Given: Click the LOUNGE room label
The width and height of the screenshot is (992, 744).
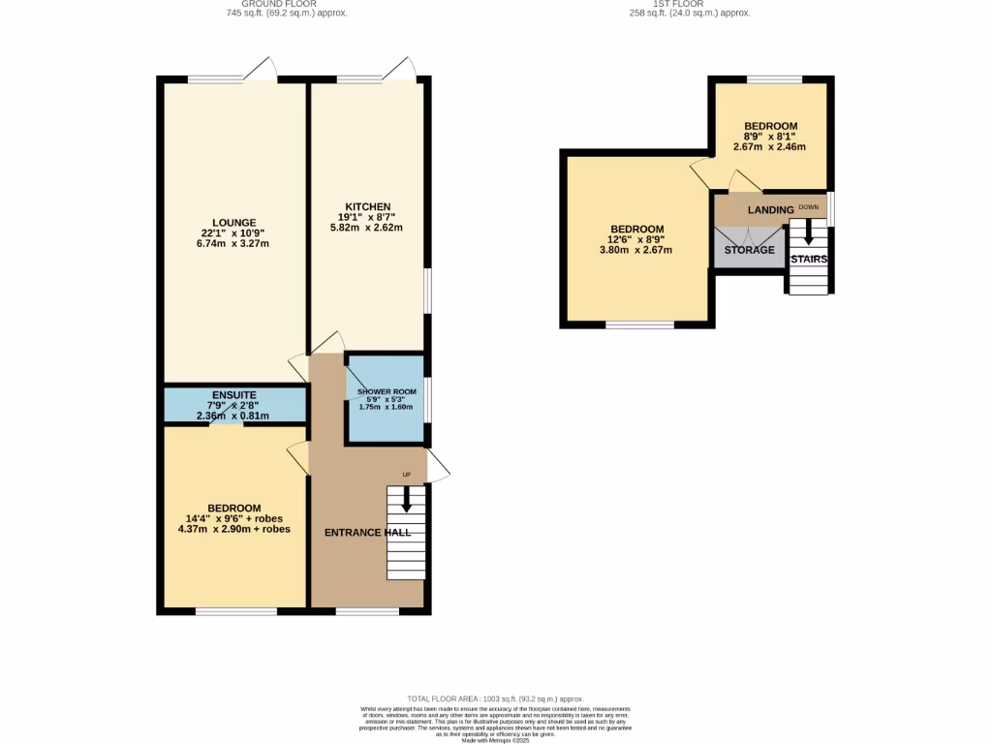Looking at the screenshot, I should click(x=234, y=222).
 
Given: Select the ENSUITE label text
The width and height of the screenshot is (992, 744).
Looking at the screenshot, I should click(x=233, y=395).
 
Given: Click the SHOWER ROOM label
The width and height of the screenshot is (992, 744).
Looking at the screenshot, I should click(x=386, y=391).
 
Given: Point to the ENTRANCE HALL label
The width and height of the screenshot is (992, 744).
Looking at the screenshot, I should click(x=367, y=532).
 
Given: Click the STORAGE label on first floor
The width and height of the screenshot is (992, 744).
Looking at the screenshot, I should click(x=750, y=250).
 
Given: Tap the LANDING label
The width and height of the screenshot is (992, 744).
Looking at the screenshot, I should click(x=770, y=209).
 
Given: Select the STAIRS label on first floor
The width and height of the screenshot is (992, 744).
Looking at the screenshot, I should click(x=809, y=260).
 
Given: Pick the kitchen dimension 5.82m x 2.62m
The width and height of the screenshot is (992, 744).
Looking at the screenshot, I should click(x=365, y=228).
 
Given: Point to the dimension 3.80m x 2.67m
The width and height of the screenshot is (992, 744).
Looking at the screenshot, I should click(x=635, y=250).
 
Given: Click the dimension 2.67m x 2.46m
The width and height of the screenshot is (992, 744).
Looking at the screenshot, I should click(x=769, y=147).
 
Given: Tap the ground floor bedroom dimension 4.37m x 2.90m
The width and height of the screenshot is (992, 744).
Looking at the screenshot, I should click(x=234, y=530).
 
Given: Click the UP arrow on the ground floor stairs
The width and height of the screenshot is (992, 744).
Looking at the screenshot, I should click(x=406, y=498).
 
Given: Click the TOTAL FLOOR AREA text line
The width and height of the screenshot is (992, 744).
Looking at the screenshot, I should click(x=495, y=698).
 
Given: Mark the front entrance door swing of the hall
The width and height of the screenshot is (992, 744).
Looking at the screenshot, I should click(x=438, y=466).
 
